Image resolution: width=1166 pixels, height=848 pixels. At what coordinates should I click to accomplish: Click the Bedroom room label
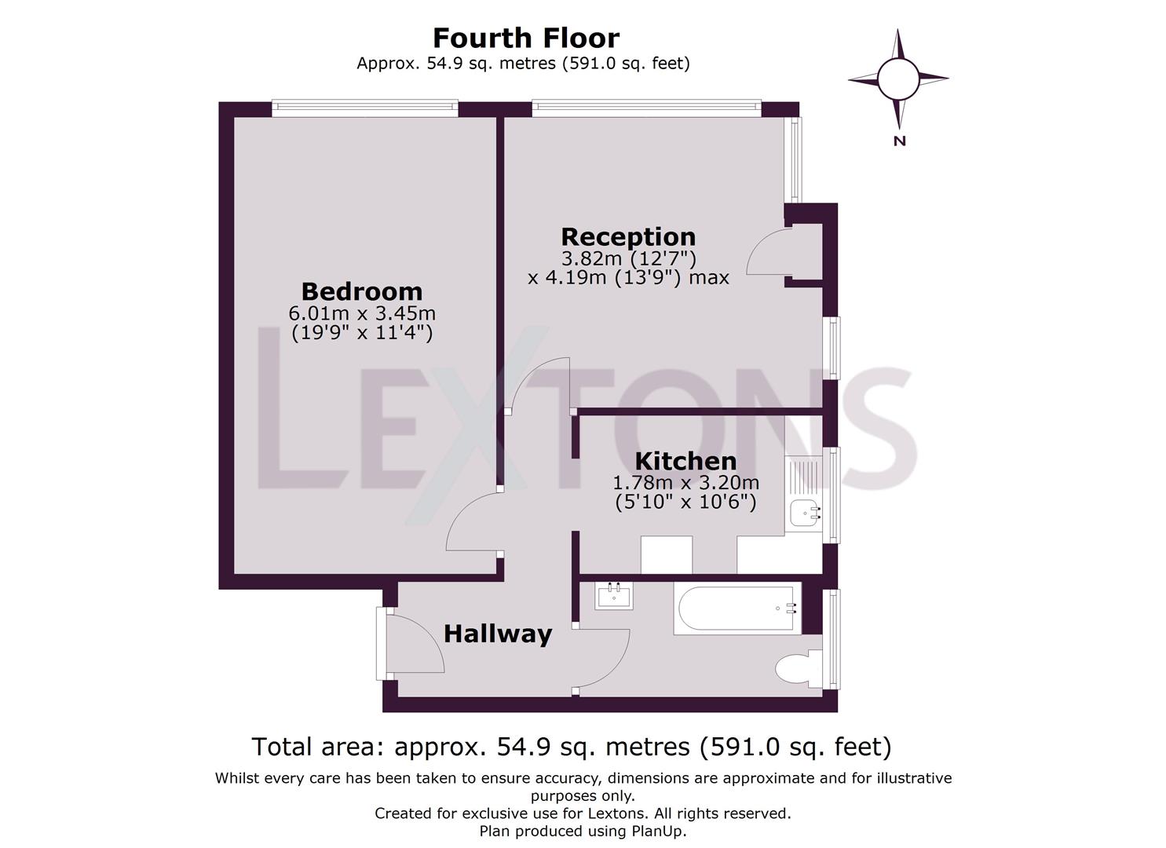(x=362, y=292)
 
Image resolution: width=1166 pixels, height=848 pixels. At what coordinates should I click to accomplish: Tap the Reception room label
(x=628, y=237)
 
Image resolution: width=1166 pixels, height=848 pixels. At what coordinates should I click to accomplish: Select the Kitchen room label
(x=685, y=461)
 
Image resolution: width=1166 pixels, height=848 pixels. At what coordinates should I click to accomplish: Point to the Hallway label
(x=498, y=635)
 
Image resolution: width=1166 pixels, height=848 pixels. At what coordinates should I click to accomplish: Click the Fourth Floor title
(x=526, y=38)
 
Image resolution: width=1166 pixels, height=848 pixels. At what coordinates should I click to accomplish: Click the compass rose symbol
(x=898, y=79)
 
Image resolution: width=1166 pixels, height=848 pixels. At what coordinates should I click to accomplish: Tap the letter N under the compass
(x=900, y=141)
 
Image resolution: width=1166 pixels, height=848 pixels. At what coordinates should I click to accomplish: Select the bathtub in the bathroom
(x=737, y=608)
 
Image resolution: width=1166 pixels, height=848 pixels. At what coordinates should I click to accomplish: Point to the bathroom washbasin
(x=614, y=595)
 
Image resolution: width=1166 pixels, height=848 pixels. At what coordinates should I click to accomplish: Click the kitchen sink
(x=806, y=513)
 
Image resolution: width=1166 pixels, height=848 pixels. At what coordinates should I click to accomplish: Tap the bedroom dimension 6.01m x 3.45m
(x=362, y=313)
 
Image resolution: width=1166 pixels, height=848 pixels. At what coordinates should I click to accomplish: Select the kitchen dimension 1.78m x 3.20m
(x=685, y=483)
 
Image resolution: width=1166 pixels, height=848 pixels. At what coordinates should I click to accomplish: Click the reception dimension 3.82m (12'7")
(x=628, y=258)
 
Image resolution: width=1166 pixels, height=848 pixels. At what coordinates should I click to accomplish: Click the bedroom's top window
(x=365, y=108)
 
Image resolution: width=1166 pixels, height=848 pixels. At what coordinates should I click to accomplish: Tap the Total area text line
(x=572, y=747)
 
